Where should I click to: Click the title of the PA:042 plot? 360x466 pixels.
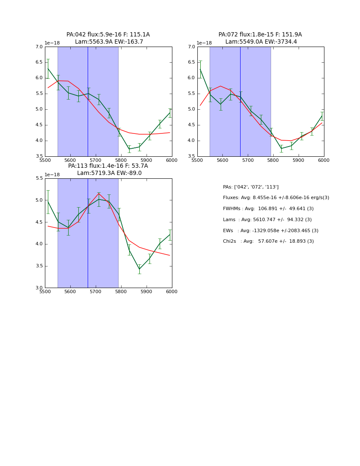tap(108, 38)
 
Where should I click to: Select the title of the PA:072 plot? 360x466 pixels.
tap(260, 38)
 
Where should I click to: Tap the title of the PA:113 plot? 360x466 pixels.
tap(108, 169)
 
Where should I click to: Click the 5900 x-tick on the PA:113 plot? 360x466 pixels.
tap(146, 291)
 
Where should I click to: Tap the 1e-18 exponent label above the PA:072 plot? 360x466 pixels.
tap(204, 43)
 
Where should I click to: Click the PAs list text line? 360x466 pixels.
tap(251, 187)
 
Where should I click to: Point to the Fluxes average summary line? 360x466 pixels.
tap(276, 198)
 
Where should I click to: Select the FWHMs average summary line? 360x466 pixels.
tap(268, 209)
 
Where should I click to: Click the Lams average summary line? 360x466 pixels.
tap(267, 219)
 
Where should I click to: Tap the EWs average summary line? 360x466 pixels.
tap(271, 230)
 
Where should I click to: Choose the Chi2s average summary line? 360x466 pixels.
tap(268, 241)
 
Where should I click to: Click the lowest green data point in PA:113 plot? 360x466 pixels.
tap(139, 269)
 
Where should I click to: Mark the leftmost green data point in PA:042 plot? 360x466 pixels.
tap(48, 69)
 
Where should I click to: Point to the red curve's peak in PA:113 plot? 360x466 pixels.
tap(99, 194)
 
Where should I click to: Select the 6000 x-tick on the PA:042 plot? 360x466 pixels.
tap(172, 160)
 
